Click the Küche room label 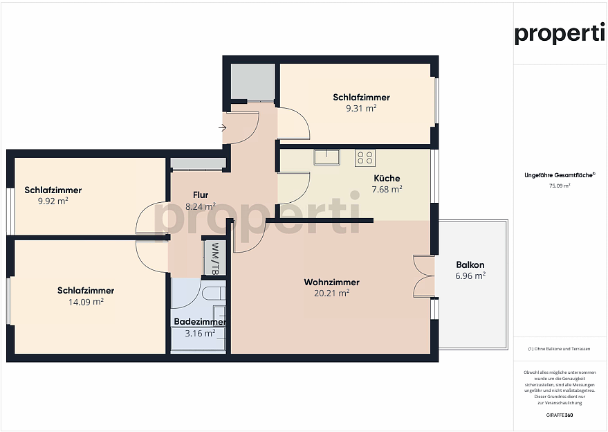coord(387,178)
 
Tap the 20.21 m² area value coord(331,293)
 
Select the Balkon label coord(470,264)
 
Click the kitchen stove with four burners coord(365,158)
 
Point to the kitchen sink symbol coord(327,157)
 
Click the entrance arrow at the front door coord(222,127)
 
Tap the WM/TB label coord(214,258)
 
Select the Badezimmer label coord(200,322)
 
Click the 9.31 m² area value coord(361,108)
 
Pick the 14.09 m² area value coord(86,302)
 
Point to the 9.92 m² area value coord(53,201)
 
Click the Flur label coord(201,195)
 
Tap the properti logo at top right coord(559,34)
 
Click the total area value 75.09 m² coord(559,186)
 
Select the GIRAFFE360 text coord(559,415)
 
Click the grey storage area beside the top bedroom coord(253,82)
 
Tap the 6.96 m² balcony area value coord(470,276)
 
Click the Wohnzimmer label coord(331,282)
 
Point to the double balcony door coord(423,276)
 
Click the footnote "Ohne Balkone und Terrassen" coord(559,349)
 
